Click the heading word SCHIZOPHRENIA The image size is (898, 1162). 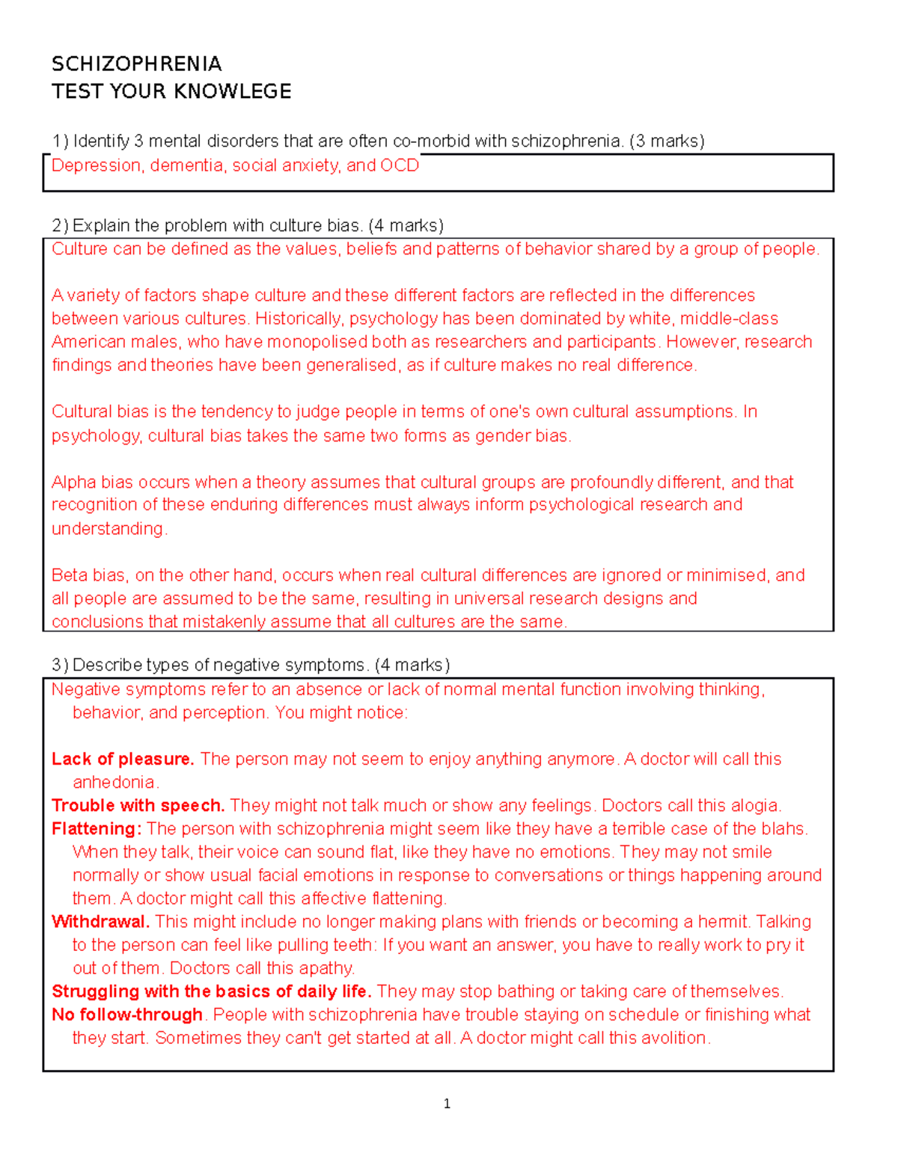click(136, 64)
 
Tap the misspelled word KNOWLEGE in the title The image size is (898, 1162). click(241, 91)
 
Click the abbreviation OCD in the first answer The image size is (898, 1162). click(400, 165)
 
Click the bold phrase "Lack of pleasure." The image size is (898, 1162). click(123, 759)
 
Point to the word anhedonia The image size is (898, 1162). click(114, 782)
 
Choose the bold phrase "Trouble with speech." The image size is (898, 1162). click(138, 805)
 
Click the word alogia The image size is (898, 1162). click(754, 805)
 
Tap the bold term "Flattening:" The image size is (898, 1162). click(97, 828)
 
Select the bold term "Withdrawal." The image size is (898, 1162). click(100, 921)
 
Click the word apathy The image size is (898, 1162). click(329, 967)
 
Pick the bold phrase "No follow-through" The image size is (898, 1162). click(127, 1014)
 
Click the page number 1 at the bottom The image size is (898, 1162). click(447, 1104)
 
